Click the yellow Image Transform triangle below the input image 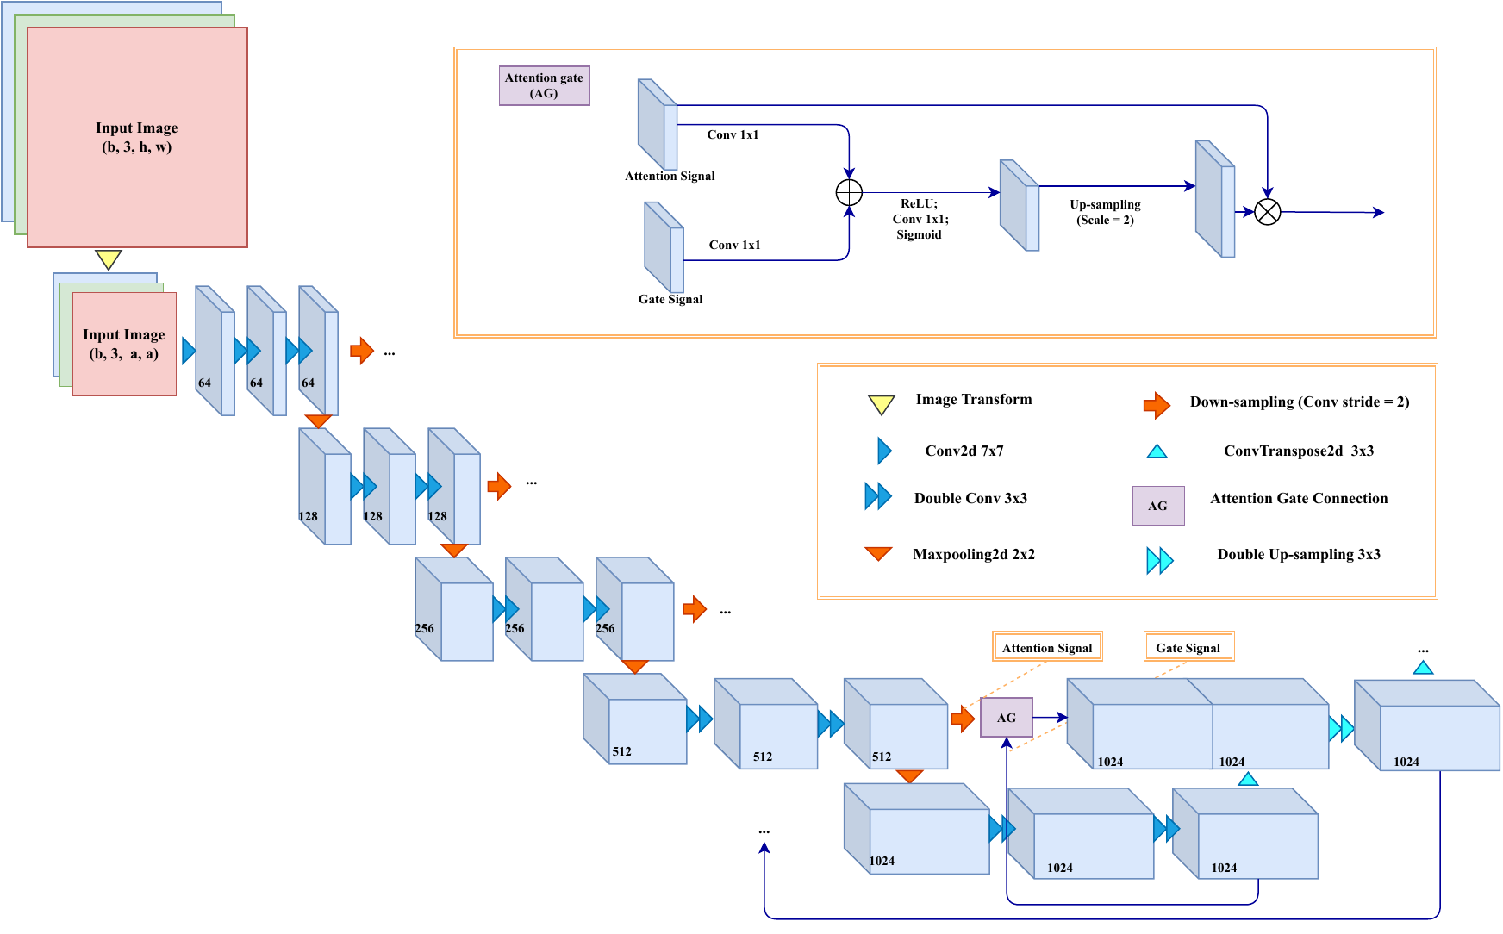pyautogui.click(x=108, y=258)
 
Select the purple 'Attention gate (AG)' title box pyautogui.click(x=544, y=85)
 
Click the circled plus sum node pyautogui.click(x=849, y=192)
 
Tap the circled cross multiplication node pyautogui.click(x=1267, y=212)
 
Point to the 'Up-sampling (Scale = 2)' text pyautogui.click(x=1105, y=212)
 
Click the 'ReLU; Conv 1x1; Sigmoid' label pyautogui.click(x=920, y=219)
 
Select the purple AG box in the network pyautogui.click(x=1006, y=718)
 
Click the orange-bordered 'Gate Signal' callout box pyautogui.click(x=1188, y=647)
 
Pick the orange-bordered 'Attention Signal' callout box pyautogui.click(x=1047, y=647)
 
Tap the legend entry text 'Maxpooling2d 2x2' pyautogui.click(x=974, y=554)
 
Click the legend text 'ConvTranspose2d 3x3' pyautogui.click(x=1299, y=451)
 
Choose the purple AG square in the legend pyautogui.click(x=1157, y=506)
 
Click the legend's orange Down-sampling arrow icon pyautogui.click(x=1157, y=404)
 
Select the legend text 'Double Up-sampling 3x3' pyautogui.click(x=1299, y=554)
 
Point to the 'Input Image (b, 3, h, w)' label pyautogui.click(x=137, y=137)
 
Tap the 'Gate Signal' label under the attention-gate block pyautogui.click(x=670, y=299)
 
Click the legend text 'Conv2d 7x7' pyautogui.click(x=964, y=451)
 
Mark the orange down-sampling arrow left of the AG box pyautogui.click(x=963, y=718)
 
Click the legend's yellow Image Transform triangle pyautogui.click(x=881, y=404)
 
